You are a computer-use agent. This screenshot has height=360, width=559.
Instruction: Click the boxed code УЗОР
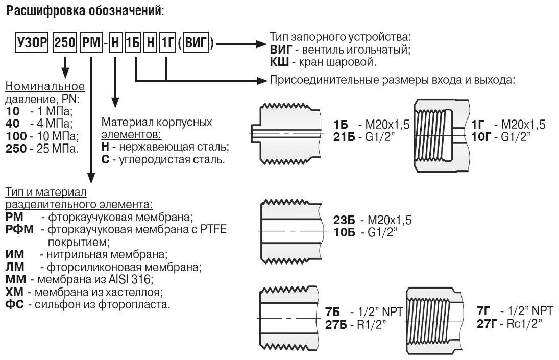point(32,43)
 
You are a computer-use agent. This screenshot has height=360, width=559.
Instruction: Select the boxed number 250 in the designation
point(65,43)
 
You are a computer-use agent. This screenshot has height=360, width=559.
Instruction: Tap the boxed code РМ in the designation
point(91,43)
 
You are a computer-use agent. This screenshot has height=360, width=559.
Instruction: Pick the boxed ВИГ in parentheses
point(196,43)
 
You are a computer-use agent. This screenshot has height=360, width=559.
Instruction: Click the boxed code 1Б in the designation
point(132,43)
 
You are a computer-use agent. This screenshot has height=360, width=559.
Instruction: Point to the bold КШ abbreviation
point(279,62)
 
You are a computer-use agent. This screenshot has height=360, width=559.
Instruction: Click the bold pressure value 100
point(16,136)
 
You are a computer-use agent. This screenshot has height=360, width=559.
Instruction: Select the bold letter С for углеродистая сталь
point(105,159)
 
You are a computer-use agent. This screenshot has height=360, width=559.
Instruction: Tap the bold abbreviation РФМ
point(19,229)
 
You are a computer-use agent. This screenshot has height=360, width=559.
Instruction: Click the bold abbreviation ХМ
point(14,292)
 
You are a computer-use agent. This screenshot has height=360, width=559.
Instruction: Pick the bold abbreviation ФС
point(15,305)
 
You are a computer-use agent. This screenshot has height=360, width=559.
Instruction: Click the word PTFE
point(213,229)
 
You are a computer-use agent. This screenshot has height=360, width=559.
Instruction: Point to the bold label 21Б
point(344,137)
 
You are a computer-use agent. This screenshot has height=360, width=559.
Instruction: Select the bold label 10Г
point(481,137)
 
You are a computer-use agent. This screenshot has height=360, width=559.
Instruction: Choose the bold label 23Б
point(345,220)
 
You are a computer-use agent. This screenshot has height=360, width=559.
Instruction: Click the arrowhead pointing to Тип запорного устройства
point(261,44)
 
